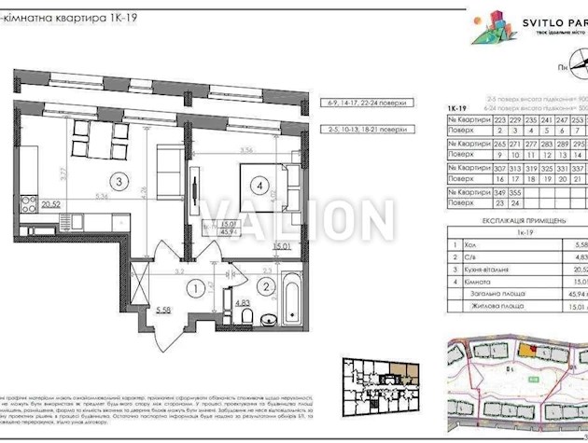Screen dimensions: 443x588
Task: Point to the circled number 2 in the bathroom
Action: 265,287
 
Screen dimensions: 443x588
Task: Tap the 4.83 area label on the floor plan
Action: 241,302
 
